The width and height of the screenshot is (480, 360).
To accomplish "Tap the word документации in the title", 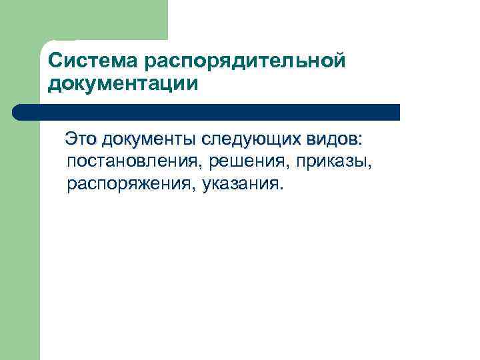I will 123,84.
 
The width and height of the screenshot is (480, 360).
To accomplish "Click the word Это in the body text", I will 80,140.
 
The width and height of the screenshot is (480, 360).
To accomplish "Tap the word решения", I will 245,161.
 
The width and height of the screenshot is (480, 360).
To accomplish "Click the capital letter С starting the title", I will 55,61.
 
